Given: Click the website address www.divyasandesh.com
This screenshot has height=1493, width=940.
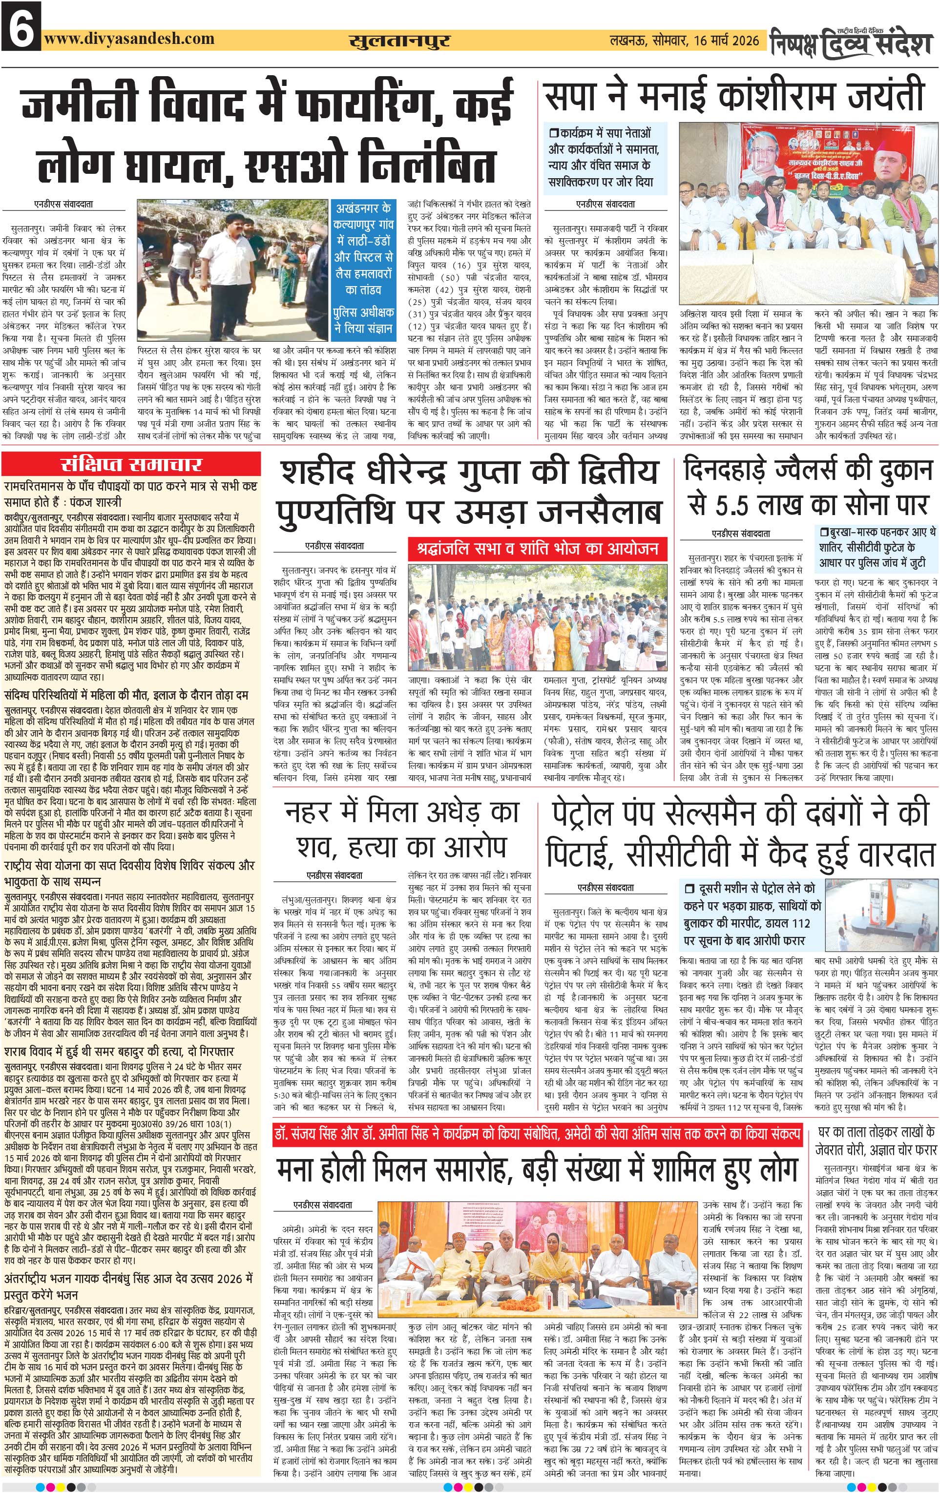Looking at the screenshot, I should [129, 39].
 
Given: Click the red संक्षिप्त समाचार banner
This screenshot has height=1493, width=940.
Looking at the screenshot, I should [131, 464].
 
